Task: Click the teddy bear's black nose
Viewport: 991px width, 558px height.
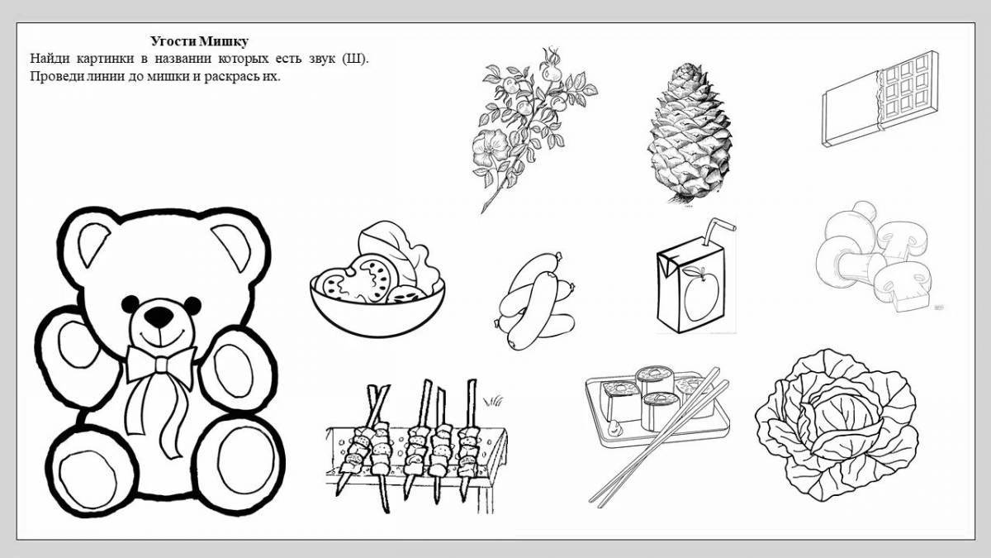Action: point(157,315)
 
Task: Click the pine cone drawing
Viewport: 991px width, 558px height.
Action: point(690,133)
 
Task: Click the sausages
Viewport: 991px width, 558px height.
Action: point(534,300)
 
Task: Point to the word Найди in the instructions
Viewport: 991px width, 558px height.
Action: point(50,59)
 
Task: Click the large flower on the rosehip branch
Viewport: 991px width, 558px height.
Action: point(490,147)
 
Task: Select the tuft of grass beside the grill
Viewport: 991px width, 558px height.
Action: point(493,401)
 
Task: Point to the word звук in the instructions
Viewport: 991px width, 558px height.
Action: point(321,59)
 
